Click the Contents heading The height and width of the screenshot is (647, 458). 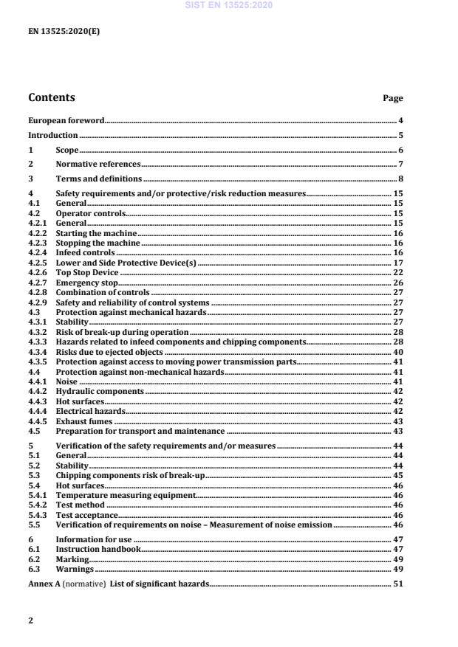tap(51, 97)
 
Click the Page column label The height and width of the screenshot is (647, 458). tap(393, 98)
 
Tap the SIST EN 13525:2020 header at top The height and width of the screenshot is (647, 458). tap(229, 5)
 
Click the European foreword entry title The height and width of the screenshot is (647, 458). tap(66, 120)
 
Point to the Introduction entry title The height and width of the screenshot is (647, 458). tap(52, 135)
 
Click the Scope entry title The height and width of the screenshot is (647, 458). tap(67, 150)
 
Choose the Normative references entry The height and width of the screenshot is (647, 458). tap(98, 164)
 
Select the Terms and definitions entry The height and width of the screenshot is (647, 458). tap(99, 179)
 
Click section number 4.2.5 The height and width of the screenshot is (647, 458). tap(38, 263)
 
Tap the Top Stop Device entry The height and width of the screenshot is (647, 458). tap(87, 272)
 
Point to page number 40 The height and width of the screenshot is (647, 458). tap(397, 353)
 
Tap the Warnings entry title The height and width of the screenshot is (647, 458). tap(75, 569)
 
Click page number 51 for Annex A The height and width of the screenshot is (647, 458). tap(397, 584)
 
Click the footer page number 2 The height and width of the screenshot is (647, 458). tap(30, 620)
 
